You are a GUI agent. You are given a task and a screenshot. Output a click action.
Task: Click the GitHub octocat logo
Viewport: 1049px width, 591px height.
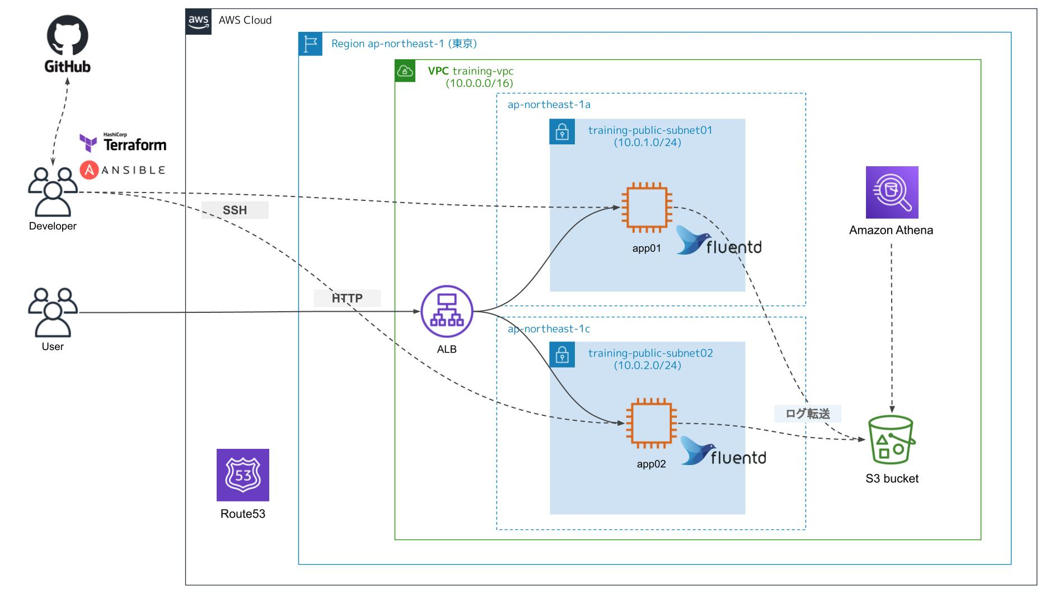point(67,36)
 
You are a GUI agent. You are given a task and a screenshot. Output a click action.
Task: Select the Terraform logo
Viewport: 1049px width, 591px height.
point(123,143)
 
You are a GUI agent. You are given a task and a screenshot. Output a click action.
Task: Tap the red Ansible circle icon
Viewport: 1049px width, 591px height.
point(90,170)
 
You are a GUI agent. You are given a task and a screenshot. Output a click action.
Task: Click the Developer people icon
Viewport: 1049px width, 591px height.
point(53,191)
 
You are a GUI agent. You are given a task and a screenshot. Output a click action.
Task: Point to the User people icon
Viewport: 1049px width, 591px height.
point(53,312)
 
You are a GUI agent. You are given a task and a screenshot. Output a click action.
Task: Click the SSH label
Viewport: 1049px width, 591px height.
point(235,210)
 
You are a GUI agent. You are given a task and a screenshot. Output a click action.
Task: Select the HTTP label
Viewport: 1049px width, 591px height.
point(347,298)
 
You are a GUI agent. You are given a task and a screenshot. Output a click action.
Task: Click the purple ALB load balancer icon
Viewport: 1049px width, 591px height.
point(447,312)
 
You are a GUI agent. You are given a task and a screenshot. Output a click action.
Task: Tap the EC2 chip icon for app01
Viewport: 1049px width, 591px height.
point(647,207)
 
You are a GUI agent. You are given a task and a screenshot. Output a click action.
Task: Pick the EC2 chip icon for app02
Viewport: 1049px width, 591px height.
point(651,423)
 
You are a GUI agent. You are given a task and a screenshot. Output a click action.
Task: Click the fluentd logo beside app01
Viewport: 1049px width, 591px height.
point(719,241)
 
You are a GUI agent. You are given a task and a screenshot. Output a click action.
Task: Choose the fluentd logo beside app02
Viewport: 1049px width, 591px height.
point(723,452)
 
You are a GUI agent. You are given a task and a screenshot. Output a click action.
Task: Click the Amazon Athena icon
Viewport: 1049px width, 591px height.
point(892,192)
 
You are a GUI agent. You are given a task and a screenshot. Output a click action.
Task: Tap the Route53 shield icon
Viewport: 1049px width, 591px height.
point(243,475)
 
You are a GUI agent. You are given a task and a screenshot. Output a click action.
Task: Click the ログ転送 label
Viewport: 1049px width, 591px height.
point(807,414)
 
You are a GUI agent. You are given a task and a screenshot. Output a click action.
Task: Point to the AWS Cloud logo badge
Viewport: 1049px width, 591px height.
point(199,22)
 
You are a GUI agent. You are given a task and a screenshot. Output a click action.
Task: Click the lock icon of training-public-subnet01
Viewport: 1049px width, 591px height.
point(562,132)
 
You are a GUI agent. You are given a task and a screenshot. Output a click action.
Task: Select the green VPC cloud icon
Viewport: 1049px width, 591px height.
point(405,71)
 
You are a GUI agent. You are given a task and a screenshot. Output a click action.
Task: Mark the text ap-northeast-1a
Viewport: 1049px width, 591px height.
point(549,105)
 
